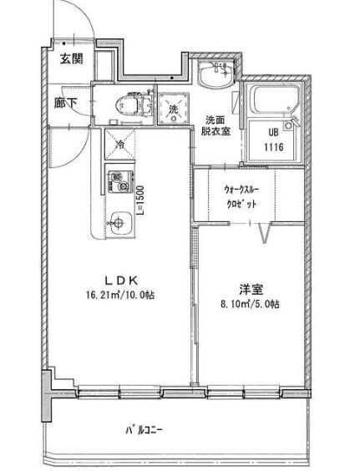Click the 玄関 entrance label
(71, 58)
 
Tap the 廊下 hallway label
(66, 104)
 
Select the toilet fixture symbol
(130, 105)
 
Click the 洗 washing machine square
(173, 109)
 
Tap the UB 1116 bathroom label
(275, 139)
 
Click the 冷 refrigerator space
(119, 144)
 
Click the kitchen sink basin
(118, 223)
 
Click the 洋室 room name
(251, 289)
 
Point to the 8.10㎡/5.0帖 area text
(251, 304)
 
